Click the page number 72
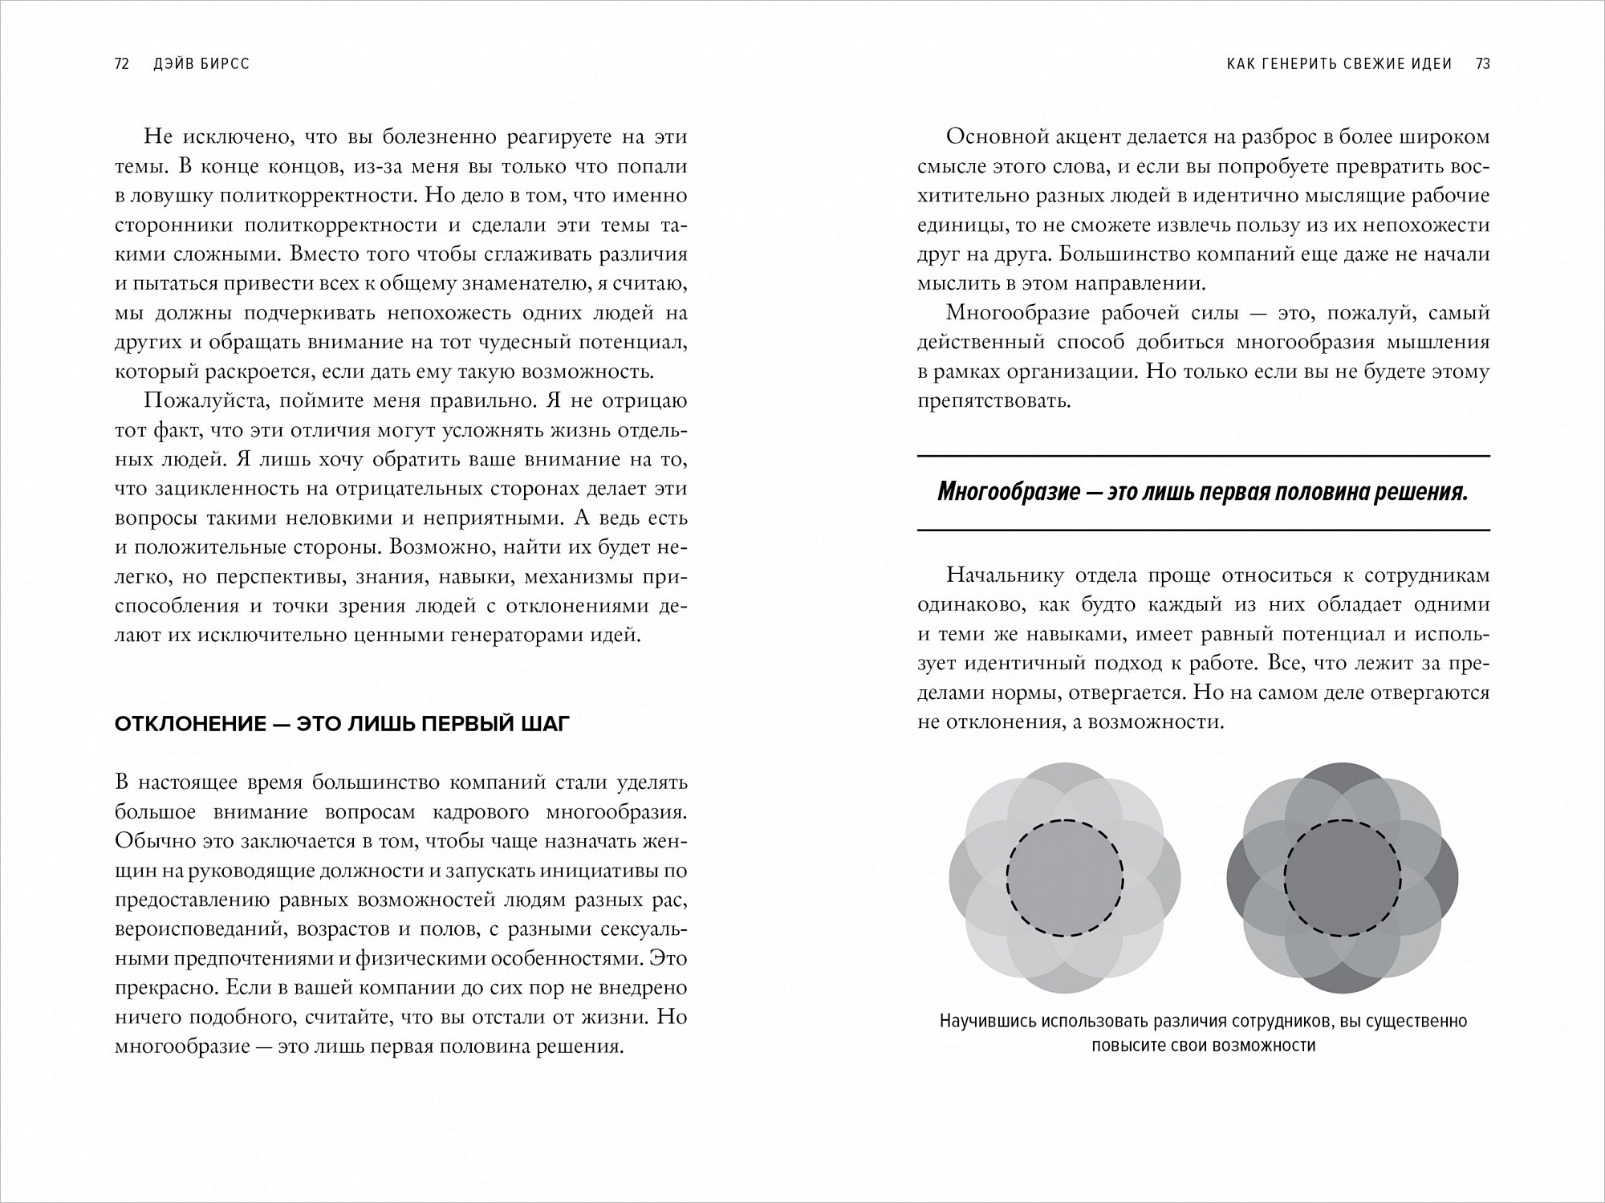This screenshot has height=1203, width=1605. [x=122, y=64]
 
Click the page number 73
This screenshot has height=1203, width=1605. [x=1482, y=64]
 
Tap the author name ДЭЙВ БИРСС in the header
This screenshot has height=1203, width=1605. [x=201, y=64]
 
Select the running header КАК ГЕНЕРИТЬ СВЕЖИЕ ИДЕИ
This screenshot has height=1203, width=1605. [x=1339, y=64]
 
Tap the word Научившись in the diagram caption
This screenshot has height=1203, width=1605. [x=988, y=1022]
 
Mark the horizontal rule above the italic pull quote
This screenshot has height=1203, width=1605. [x=1204, y=457]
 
